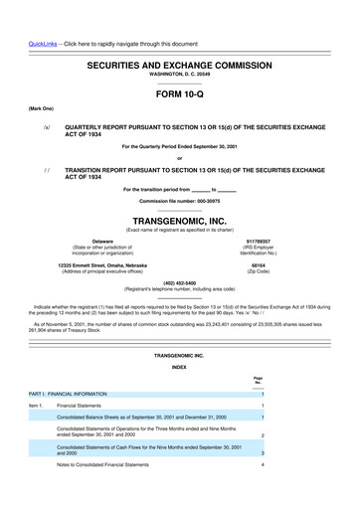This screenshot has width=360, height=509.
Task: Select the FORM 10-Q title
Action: (x=179, y=96)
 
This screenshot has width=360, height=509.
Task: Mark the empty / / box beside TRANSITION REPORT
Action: (x=47, y=171)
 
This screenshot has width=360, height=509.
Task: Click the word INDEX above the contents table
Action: (x=179, y=366)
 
